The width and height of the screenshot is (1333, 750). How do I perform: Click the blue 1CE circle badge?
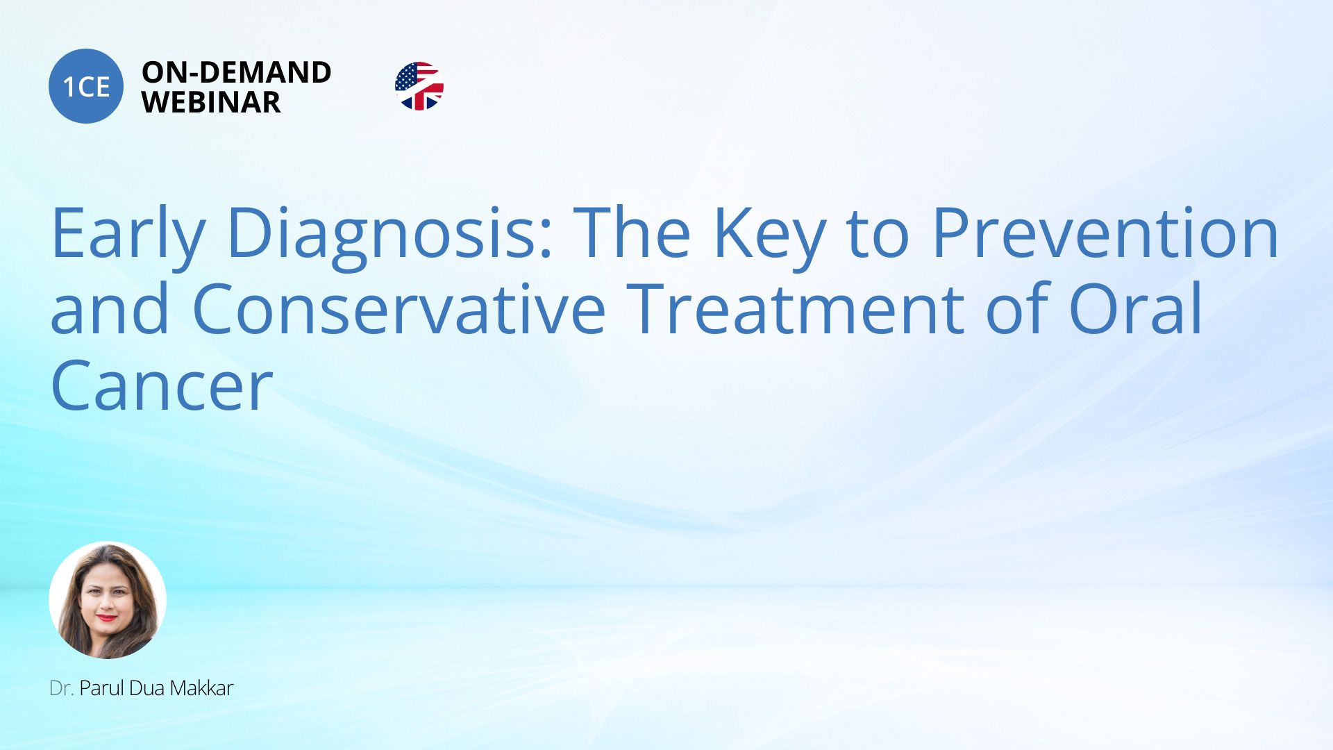coord(86,86)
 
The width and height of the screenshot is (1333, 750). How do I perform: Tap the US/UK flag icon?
coord(419,86)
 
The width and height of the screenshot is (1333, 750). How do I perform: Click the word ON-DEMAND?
coord(237,72)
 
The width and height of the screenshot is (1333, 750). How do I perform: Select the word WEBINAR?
coord(211,103)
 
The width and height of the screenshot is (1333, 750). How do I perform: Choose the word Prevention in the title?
coord(1105,232)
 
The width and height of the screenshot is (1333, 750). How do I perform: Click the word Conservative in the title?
coord(399,308)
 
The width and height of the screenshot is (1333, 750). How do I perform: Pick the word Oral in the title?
coord(1136,307)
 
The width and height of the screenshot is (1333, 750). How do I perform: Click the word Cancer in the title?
coord(162,385)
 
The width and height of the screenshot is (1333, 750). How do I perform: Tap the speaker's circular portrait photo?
coord(108,600)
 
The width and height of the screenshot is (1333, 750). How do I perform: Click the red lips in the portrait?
coord(106,617)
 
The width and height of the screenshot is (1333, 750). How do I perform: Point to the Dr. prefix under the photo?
coord(61,688)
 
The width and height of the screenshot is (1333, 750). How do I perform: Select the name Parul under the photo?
coord(102,688)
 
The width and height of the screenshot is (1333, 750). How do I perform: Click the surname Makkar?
coord(201,688)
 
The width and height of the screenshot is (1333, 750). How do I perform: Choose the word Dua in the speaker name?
coord(146,688)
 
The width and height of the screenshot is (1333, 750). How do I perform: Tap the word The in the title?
coord(632,232)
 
